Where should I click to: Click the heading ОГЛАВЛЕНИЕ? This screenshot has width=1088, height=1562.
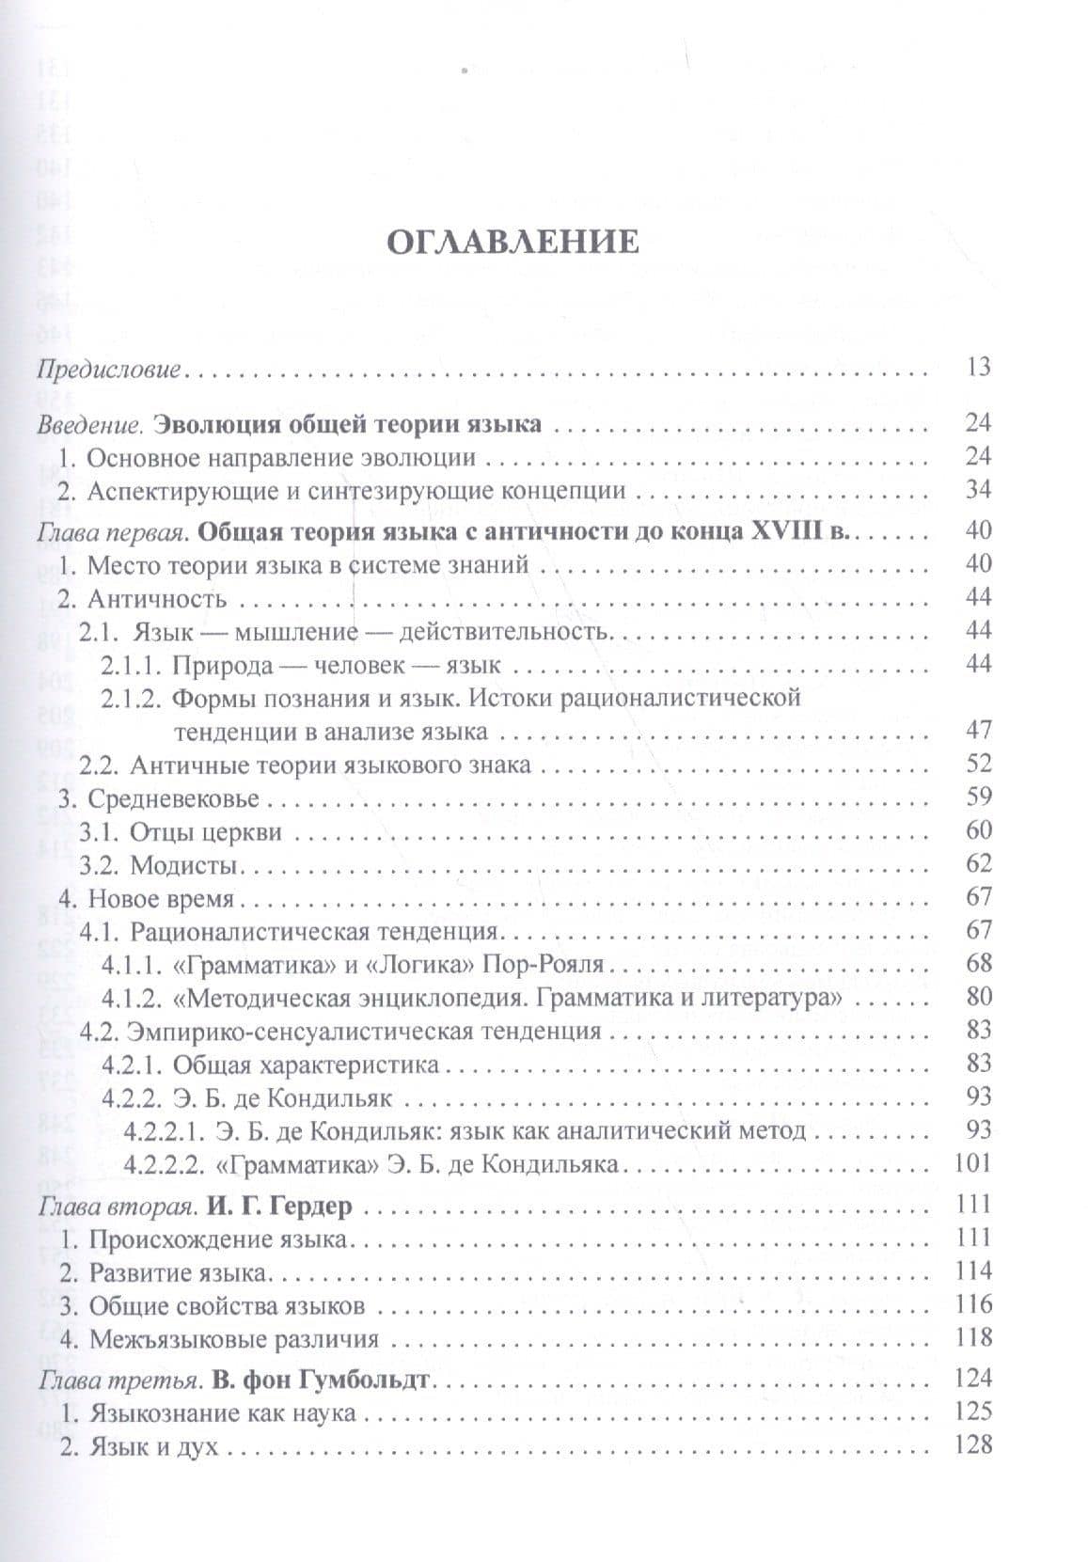(513, 242)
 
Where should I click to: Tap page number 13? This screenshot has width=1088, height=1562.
(978, 367)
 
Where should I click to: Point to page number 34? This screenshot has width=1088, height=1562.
(978, 490)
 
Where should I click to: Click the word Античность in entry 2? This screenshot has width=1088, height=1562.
(157, 598)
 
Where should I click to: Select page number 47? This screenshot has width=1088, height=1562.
(978, 730)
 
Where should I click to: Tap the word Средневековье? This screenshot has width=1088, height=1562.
(174, 797)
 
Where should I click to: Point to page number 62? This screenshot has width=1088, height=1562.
(978, 863)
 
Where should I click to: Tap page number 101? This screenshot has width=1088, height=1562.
(972, 1162)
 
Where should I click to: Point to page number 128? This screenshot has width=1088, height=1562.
(972, 1444)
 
